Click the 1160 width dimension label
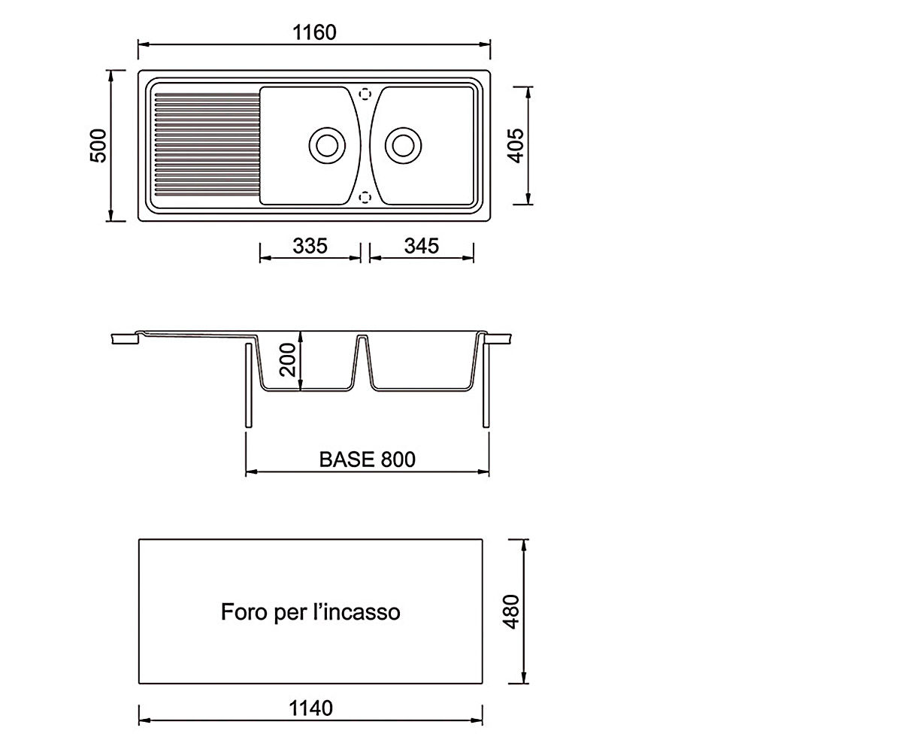coord(314,32)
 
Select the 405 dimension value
coord(516,146)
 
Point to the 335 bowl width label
coord(310,246)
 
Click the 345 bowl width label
coord(421,246)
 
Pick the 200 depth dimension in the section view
coord(288,360)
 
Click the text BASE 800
coord(368,459)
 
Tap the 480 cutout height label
coord(511,611)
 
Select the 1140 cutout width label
coord(310,708)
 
